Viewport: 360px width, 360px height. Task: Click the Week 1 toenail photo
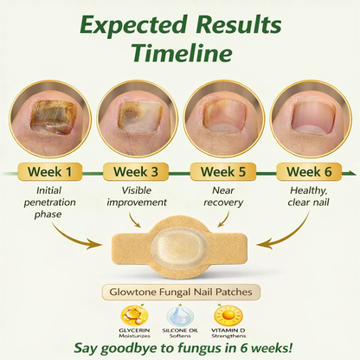[x=51, y=116]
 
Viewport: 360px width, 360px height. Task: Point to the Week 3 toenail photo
[x=135, y=116]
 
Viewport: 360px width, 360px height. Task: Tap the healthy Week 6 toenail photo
[x=305, y=116]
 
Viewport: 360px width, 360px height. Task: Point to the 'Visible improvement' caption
[x=135, y=196]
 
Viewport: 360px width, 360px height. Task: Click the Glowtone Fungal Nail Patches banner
[x=179, y=293]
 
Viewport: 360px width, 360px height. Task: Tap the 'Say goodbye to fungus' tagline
[x=179, y=349]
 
